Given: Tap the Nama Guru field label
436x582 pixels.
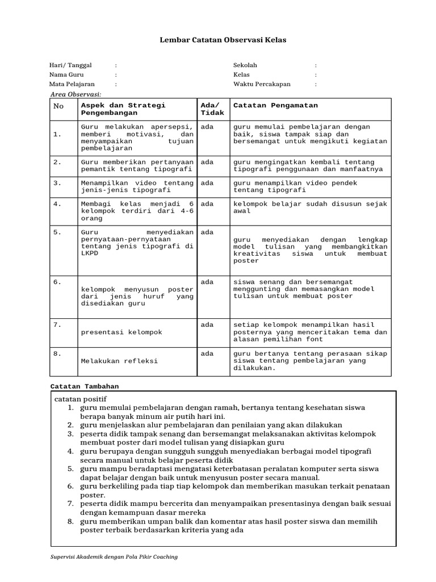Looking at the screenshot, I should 66,74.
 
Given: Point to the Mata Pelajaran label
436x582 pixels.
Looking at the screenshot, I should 72,84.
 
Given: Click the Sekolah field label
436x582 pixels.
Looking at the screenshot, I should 245,65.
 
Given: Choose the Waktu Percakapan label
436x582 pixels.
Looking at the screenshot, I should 262,84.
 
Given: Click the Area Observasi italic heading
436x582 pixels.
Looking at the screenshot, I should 76,94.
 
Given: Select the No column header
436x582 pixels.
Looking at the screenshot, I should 58,106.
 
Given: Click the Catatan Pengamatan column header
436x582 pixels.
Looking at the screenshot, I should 275,105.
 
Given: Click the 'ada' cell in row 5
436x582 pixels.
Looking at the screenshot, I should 207,232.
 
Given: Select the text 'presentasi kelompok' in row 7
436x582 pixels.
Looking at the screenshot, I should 121,332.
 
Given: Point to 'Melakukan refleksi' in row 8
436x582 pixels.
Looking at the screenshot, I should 119,361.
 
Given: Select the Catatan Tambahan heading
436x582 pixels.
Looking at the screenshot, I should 85,386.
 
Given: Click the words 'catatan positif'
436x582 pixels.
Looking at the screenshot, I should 80,398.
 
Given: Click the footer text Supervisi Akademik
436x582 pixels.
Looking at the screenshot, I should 114,556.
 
